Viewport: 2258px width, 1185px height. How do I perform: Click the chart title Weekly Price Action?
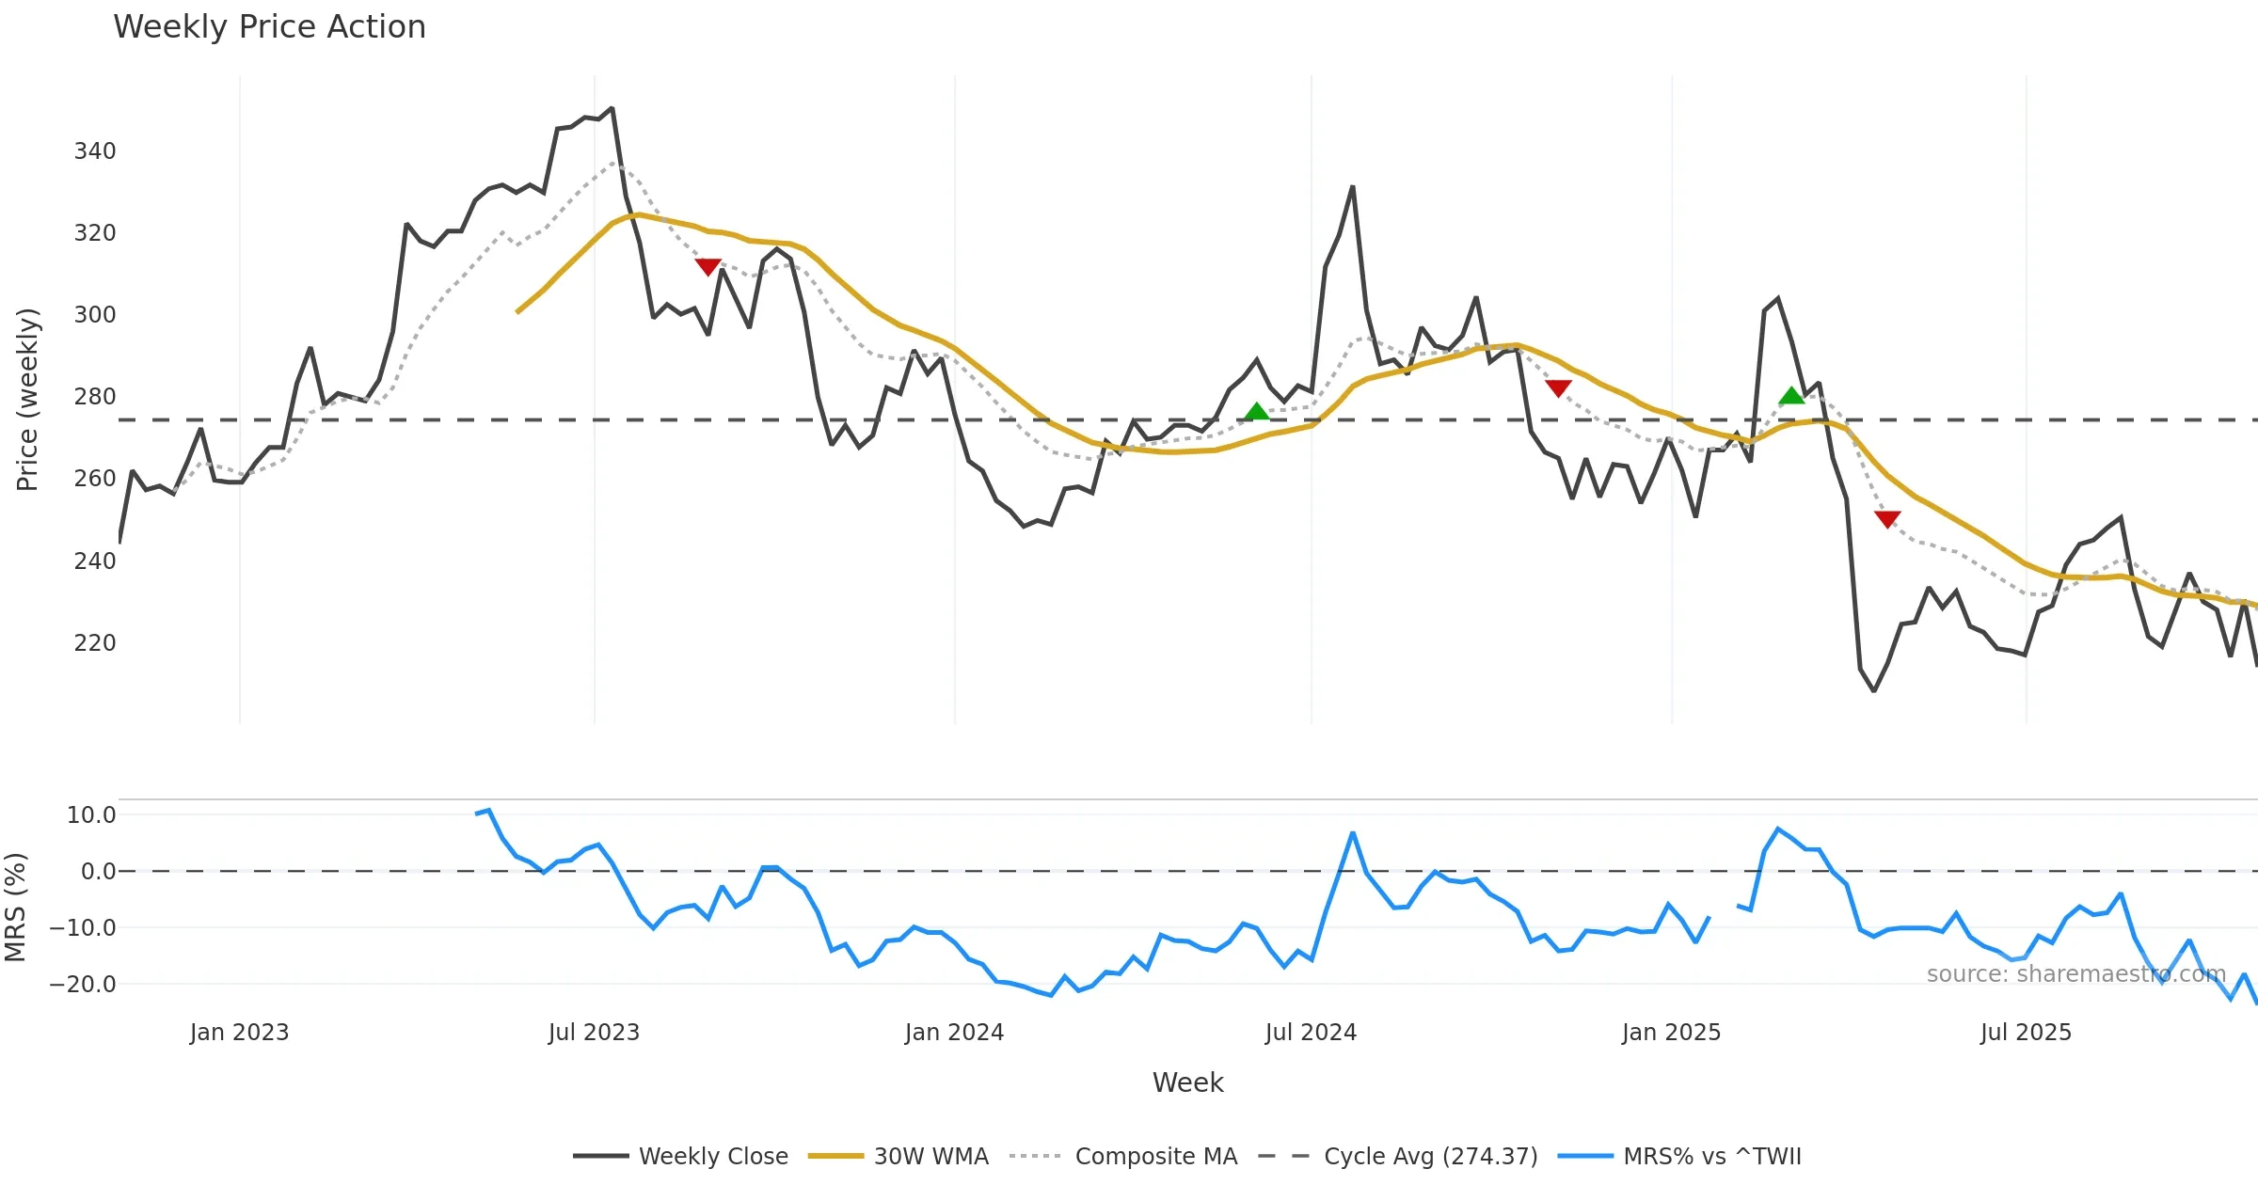tap(269, 27)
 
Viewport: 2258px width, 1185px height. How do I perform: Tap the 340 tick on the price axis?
tap(95, 151)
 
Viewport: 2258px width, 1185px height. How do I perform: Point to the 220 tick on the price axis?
tap(95, 643)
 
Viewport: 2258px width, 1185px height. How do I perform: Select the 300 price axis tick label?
tap(95, 315)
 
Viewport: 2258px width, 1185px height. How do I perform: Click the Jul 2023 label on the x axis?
tap(594, 1033)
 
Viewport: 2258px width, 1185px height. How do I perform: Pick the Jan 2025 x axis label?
tap(1671, 1033)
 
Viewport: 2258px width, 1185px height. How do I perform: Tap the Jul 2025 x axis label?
tap(2026, 1033)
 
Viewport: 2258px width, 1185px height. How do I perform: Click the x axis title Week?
tap(1187, 1083)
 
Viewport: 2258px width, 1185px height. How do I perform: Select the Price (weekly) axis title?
tap(27, 400)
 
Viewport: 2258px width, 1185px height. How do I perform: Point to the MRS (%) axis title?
tap(16, 908)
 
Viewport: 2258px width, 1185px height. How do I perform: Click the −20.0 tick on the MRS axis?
tap(83, 985)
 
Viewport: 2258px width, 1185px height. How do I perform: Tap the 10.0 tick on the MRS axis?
tap(91, 815)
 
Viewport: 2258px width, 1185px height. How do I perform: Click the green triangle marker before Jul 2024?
tap(1257, 411)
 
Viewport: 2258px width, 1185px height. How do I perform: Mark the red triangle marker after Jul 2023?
tap(708, 267)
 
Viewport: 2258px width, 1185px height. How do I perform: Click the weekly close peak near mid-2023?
tap(612, 108)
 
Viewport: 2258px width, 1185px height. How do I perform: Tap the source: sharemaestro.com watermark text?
tap(2076, 974)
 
